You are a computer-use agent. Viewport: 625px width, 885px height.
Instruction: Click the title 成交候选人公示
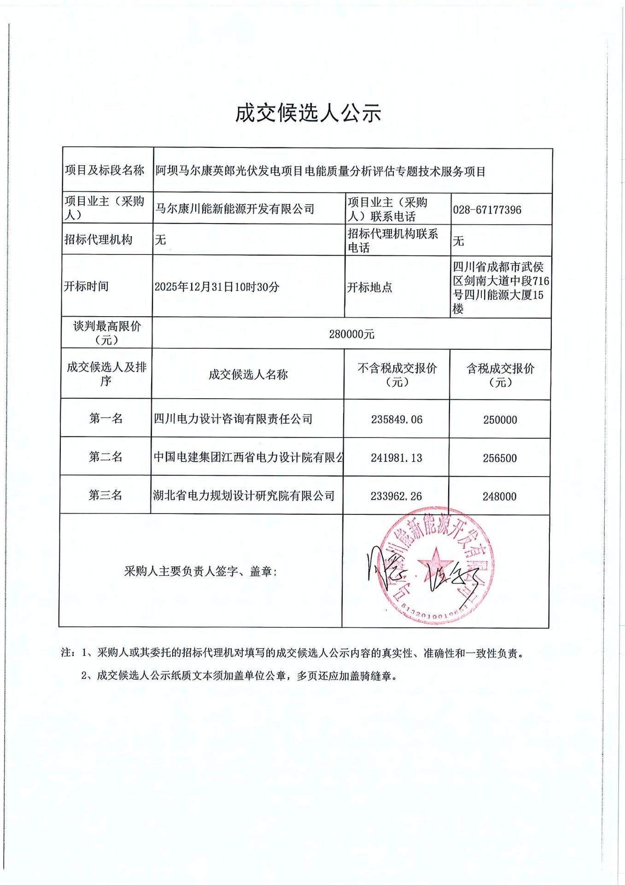click(308, 113)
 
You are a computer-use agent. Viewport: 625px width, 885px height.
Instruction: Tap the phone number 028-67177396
click(487, 210)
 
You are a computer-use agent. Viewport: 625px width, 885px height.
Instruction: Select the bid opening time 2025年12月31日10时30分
click(217, 287)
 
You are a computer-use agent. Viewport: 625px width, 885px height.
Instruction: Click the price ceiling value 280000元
click(351, 334)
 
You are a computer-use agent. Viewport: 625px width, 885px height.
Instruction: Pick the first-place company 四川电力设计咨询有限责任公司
click(233, 419)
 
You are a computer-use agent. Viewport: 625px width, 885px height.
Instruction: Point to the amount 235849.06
click(397, 419)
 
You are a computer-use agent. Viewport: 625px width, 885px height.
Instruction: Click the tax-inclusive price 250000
click(500, 420)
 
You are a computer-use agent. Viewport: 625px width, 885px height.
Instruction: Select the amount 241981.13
click(397, 458)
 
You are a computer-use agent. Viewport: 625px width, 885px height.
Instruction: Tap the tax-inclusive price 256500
click(500, 458)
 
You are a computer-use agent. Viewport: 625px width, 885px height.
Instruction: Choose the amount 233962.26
click(396, 496)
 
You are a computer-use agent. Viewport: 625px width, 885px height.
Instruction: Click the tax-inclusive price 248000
click(499, 496)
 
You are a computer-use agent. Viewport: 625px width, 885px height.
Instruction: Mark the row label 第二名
click(105, 457)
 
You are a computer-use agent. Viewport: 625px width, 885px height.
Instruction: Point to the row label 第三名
click(105, 495)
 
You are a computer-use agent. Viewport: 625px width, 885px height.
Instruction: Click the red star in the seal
click(435, 561)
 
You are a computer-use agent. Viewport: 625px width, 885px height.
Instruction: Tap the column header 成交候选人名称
click(248, 374)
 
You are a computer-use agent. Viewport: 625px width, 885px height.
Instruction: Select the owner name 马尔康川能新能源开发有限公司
click(235, 209)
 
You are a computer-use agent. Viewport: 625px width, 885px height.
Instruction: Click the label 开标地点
click(369, 287)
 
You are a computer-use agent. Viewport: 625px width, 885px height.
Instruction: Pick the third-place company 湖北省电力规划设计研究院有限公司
click(244, 496)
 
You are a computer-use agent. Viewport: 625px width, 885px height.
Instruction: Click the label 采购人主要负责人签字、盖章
click(200, 572)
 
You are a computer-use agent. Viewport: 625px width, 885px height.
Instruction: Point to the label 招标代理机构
click(98, 240)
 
